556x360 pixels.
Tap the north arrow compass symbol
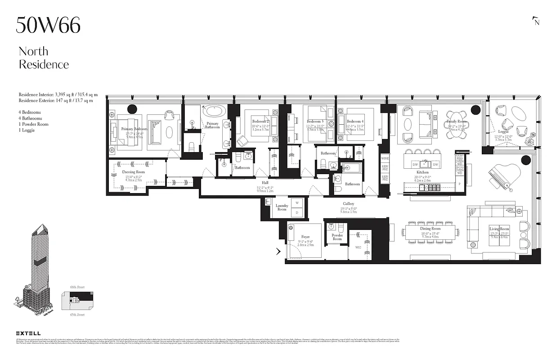click(x=535, y=21)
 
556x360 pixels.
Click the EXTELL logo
click(x=28, y=333)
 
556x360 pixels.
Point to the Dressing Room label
click(x=134, y=172)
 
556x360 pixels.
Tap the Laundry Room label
click(x=282, y=207)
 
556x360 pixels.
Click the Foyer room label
click(x=305, y=237)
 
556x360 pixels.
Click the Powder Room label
click(x=337, y=237)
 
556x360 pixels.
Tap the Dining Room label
click(x=430, y=229)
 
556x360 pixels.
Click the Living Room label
click(x=499, y=229)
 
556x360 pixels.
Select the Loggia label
click(x=503, y=132)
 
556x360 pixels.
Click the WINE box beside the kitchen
click(x=385, y=159)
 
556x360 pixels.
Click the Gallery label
click(x=348, y=204)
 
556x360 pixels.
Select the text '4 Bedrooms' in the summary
click(x=30, y=112)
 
